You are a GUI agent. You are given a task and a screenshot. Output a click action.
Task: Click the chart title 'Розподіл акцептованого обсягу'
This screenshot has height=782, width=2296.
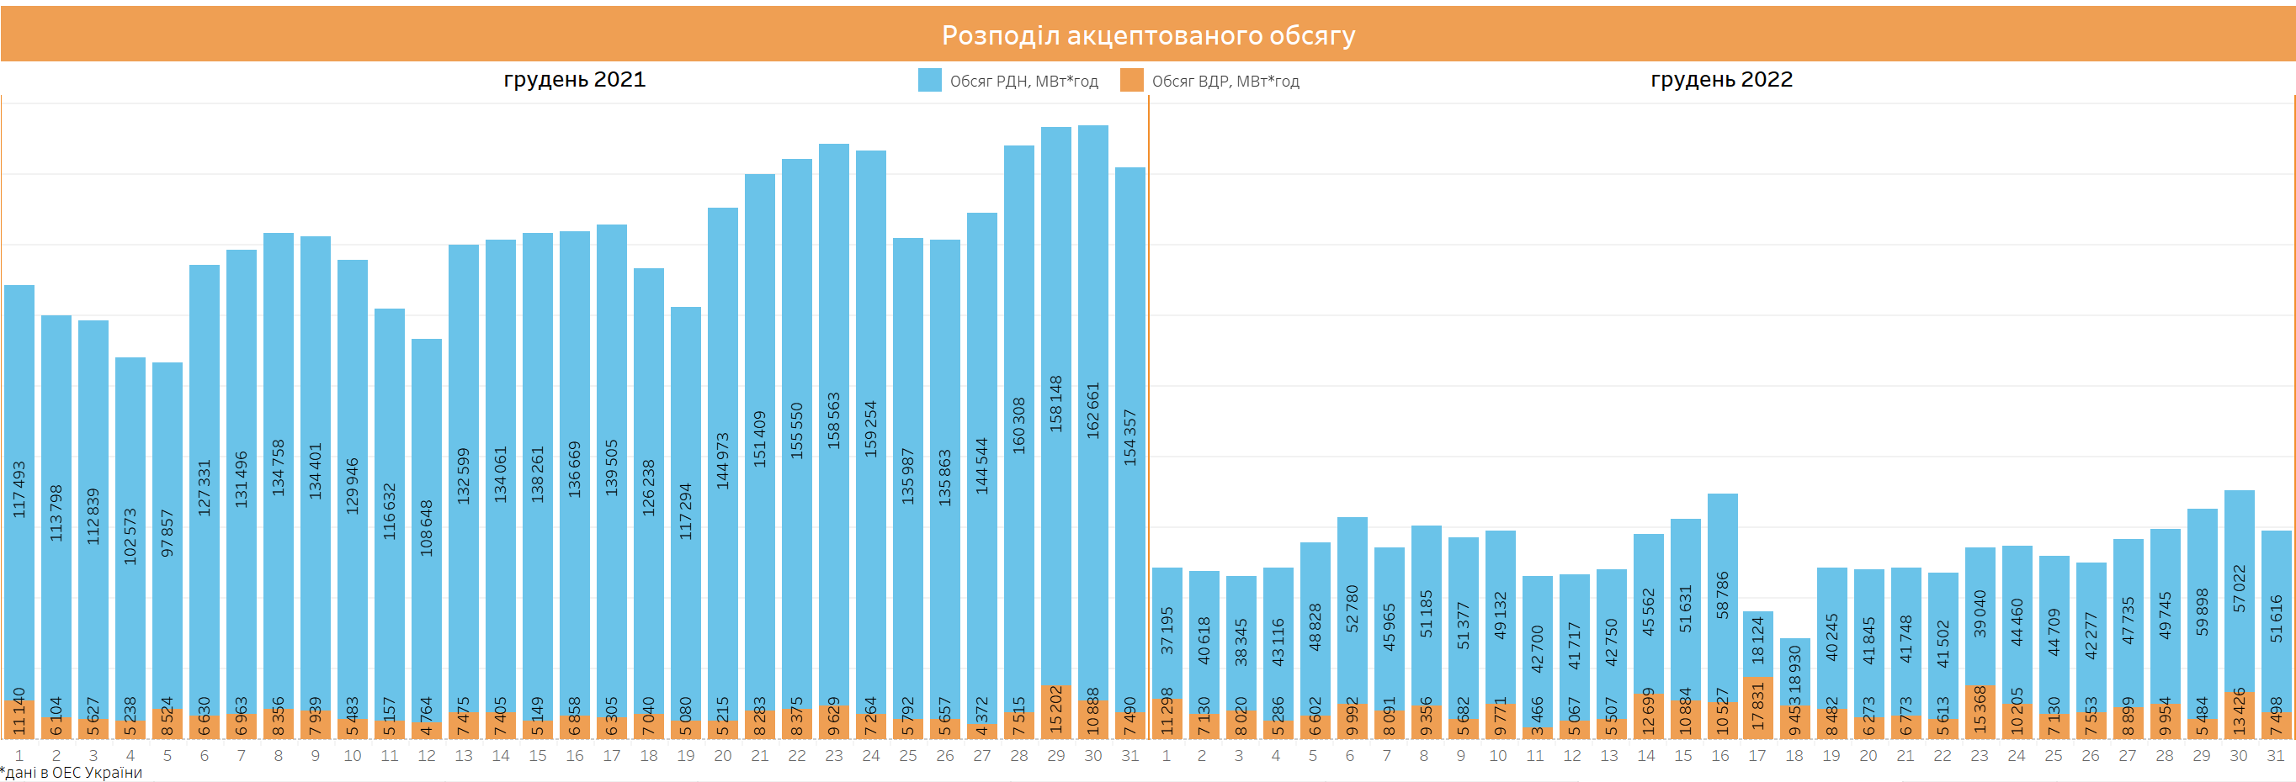1148,34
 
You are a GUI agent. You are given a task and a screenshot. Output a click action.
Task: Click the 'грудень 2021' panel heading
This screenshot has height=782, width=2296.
574,79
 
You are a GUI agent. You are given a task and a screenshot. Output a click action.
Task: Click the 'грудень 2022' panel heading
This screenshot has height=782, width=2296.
1721,79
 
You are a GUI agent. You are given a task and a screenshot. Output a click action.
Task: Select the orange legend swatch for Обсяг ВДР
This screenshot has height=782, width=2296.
1132,80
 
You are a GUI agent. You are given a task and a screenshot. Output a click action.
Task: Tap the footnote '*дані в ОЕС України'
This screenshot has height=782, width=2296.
72,772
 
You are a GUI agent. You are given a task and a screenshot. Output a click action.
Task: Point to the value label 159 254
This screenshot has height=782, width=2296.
871,430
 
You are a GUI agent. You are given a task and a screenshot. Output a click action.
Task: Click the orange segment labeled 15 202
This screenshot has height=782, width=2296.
1056,711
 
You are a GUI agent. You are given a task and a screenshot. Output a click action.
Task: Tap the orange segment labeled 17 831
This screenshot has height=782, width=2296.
1757,707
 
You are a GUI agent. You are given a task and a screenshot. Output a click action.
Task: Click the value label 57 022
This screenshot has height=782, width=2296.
2239,588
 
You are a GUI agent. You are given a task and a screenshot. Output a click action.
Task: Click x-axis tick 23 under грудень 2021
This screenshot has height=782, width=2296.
833,755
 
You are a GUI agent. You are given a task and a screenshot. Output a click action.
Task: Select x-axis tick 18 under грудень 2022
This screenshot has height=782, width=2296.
1794,755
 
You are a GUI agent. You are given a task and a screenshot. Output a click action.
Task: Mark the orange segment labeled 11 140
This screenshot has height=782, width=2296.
19,720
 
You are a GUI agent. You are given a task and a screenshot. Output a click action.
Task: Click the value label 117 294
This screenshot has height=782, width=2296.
685,511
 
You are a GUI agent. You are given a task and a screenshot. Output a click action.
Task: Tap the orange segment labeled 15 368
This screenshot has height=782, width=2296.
1980,711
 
